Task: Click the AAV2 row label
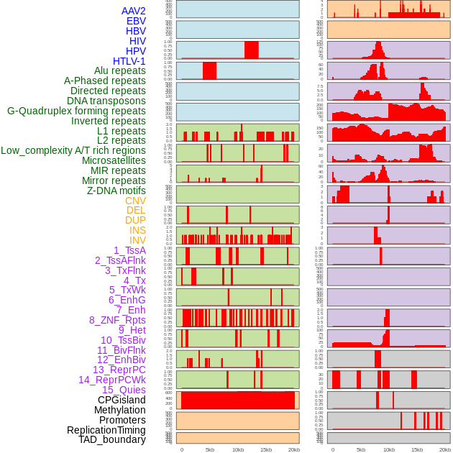[133, 11]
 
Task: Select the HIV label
[137, 41]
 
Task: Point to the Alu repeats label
[119, 70]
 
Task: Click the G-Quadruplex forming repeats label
[76, 111]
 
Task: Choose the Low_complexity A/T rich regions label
[73, 150]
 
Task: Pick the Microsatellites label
[114, 160]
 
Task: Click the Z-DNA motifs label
[116, 191]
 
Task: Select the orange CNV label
[135, 201]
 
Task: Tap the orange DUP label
[135, 220]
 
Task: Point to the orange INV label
[137, 240]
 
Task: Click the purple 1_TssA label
[129, 250]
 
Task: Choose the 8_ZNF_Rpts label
[117, 320]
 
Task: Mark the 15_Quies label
[124, 390]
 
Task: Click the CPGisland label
[122, 400]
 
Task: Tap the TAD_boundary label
[112, 439]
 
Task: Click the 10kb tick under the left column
[237, 449]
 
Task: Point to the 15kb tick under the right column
[416, 449]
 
